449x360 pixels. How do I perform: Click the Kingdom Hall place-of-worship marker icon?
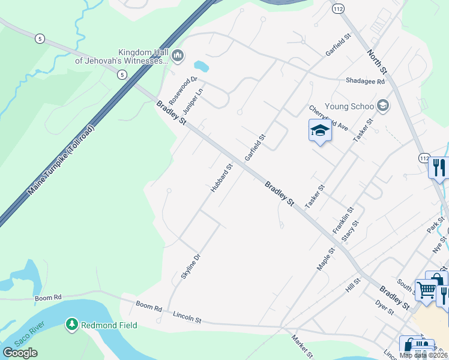(178, 56)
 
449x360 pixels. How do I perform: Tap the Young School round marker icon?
(383, 106)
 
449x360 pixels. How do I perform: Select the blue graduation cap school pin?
(320, 131)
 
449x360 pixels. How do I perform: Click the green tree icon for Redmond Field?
(72, 325)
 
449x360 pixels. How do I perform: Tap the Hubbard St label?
(221, 179)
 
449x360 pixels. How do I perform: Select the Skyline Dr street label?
(190, 266)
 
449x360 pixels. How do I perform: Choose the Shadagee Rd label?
(365, 82)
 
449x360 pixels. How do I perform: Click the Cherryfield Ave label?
(329, 118)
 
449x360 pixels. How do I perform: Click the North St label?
(378, 62)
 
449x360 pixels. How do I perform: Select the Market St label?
(301, 345)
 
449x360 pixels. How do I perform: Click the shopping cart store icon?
(426, 290)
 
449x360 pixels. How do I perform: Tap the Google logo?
(20, 353)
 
